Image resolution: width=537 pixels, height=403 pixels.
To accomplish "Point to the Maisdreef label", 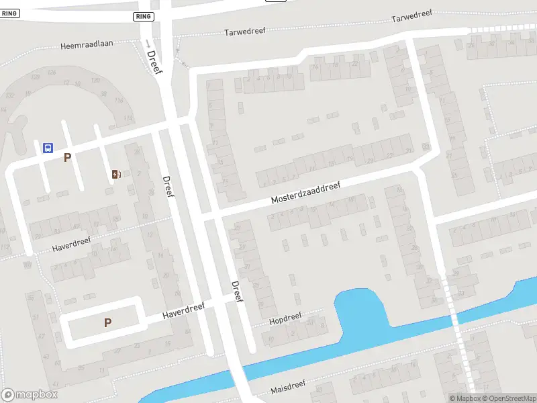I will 288,387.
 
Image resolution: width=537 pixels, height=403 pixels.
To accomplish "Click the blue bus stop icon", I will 48,148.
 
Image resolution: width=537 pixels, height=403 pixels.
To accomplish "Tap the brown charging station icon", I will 116,175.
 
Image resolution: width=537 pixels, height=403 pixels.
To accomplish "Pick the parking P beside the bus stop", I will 66,158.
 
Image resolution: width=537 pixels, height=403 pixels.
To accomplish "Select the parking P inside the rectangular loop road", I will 107,323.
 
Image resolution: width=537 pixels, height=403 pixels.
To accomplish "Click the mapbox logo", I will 29,395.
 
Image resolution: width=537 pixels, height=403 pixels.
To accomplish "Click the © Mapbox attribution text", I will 465,398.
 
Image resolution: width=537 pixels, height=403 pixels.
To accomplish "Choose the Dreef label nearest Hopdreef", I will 236,291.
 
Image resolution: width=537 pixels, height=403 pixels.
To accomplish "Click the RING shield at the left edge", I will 9,13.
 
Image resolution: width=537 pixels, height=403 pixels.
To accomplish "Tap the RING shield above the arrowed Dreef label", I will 143,16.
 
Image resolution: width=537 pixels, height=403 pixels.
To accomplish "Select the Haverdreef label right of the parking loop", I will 183,312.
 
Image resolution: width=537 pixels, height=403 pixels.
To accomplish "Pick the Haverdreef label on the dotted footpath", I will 71,245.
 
